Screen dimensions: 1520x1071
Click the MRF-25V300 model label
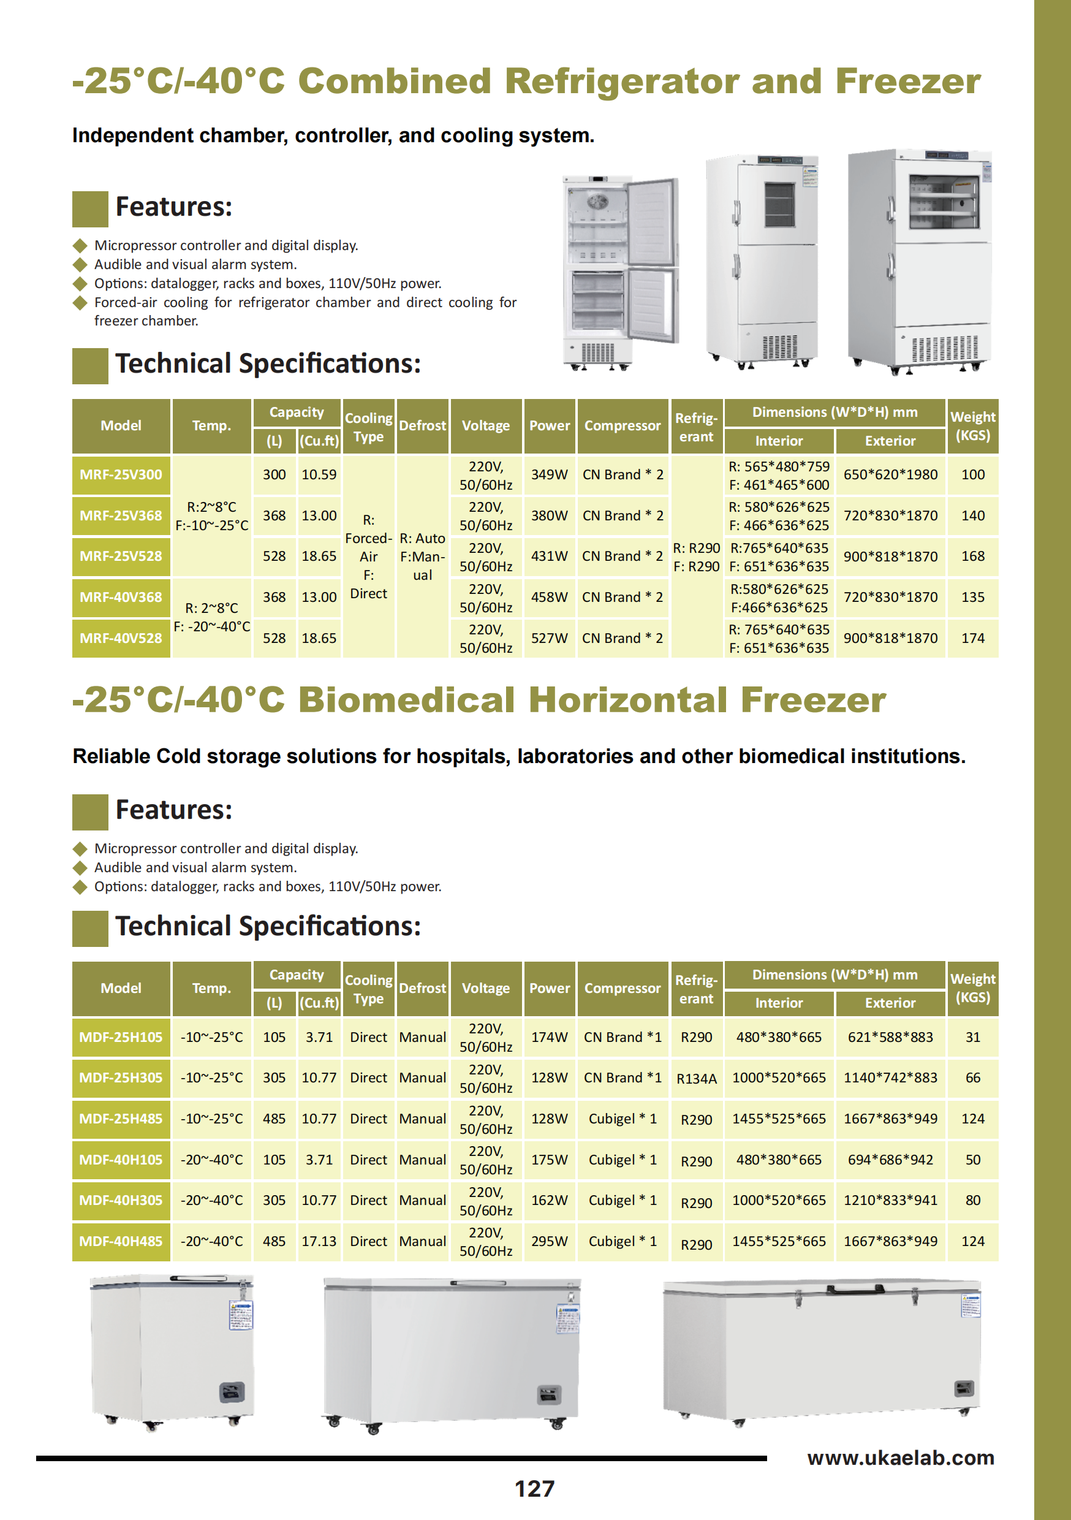click(121, 474)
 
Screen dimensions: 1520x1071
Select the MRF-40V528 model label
click(121, 638)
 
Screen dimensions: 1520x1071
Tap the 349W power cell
click(549, 474)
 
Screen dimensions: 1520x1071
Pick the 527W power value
click(549, 638)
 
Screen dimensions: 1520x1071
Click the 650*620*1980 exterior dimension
click(890, 474)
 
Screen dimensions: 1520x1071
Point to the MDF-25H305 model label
click(121, 1077)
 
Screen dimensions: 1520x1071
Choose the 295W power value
click(549, 1241)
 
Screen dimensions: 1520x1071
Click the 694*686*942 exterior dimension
click(890, 1160)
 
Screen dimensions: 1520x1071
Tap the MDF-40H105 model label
click(121, 1160)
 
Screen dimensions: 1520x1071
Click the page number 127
click(534, 1489)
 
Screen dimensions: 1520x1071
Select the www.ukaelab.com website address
click(900, 1457)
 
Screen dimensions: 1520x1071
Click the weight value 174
click(972, 638)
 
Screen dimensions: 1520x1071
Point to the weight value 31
click(972, 1038)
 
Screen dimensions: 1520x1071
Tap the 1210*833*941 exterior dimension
click(890, 1200)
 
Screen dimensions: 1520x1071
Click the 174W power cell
click(549, 1038)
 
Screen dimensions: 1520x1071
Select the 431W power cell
click(549, 556)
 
